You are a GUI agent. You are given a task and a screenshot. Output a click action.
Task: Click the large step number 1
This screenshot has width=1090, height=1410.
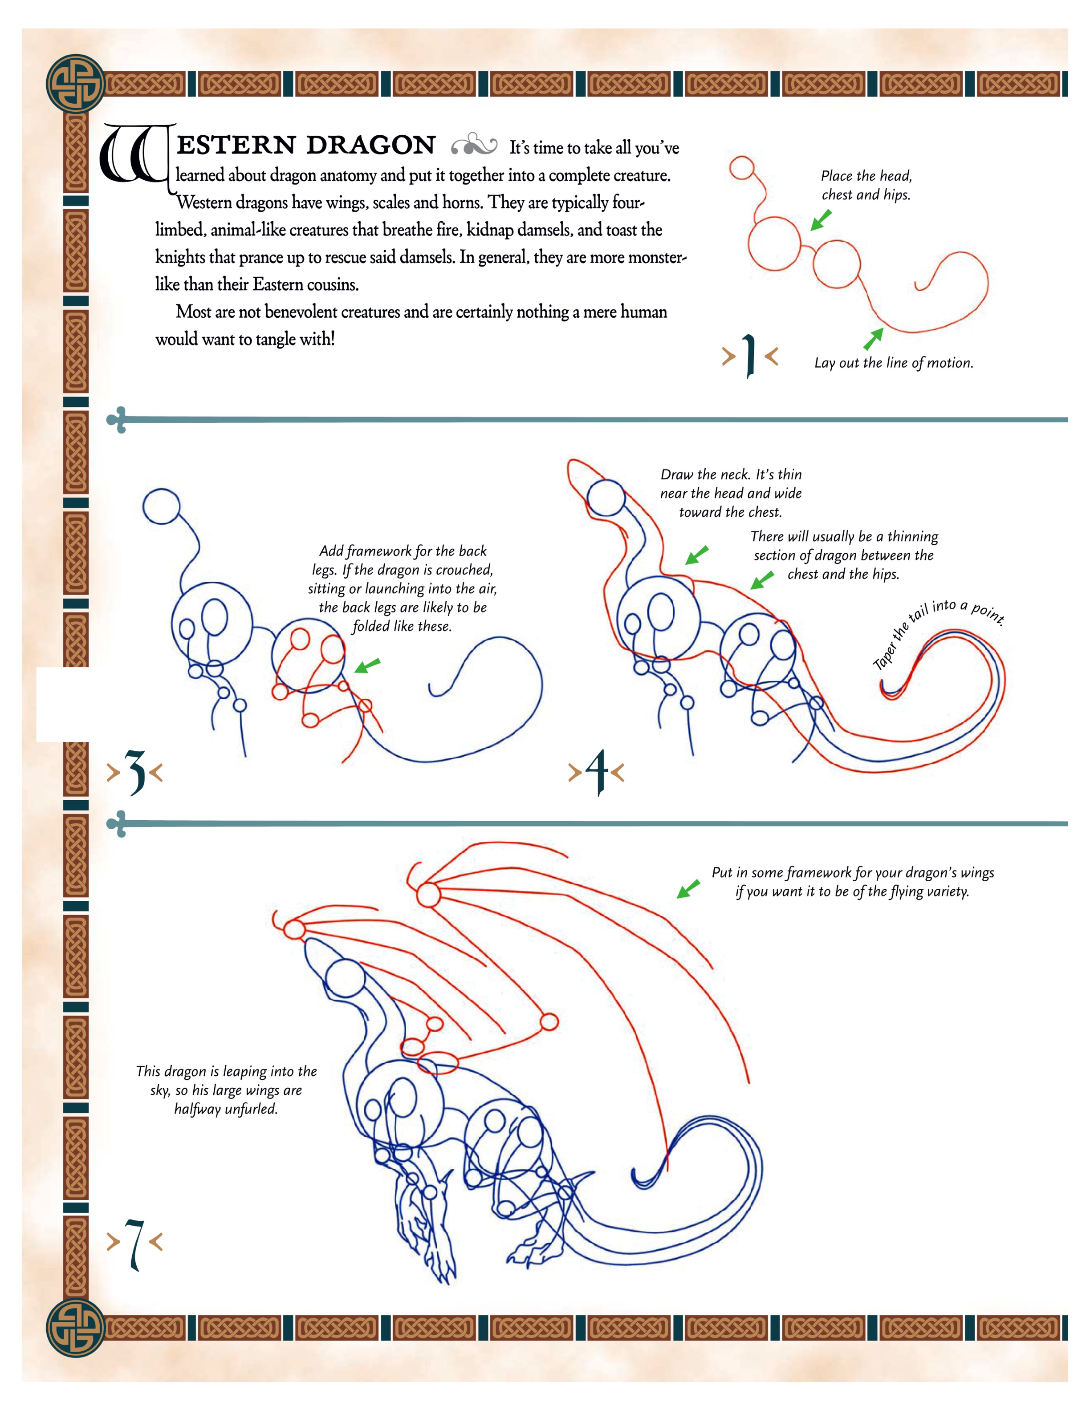749,355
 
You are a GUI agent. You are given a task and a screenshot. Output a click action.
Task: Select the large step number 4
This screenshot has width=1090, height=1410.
597,771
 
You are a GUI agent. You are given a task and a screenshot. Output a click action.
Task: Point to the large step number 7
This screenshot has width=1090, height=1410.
134,1244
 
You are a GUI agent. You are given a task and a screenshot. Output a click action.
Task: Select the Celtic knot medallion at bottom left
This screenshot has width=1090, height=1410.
75,1328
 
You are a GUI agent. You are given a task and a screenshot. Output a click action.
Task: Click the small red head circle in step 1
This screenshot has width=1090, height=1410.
742,169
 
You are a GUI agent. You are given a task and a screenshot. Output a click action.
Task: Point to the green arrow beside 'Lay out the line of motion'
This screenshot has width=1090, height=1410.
873,338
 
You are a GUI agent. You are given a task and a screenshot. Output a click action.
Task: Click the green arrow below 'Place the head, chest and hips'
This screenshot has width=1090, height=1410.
821,220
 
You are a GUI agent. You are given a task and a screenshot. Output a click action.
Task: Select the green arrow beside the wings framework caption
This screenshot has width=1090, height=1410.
688,888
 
